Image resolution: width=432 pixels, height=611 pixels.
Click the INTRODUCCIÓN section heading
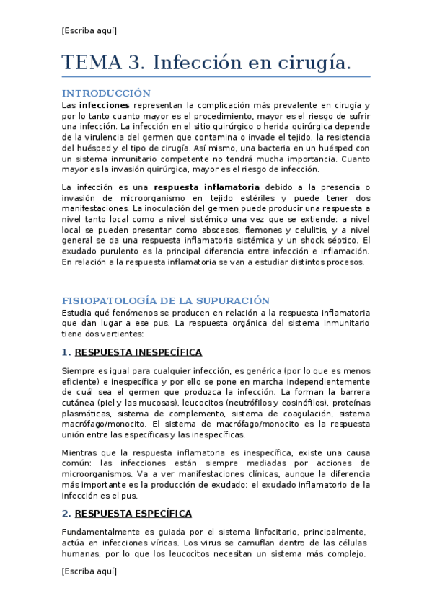click(106, 93)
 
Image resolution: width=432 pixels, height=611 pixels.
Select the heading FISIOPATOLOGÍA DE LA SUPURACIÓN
click(166, 300)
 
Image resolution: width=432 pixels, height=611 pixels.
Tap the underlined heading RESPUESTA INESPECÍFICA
click(138, 352)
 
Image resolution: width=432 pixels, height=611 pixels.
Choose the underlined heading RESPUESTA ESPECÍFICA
click(133, 514)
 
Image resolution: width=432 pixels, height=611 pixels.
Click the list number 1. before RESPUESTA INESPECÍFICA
click(66, 352)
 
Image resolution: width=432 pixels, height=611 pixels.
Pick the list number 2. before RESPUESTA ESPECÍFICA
click(66, 514)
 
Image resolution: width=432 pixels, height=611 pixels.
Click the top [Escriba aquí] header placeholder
click(89, 30)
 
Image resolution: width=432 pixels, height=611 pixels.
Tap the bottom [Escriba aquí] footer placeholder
click(89, 571)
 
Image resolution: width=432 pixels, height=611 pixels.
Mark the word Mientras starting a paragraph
click(81, 452)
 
